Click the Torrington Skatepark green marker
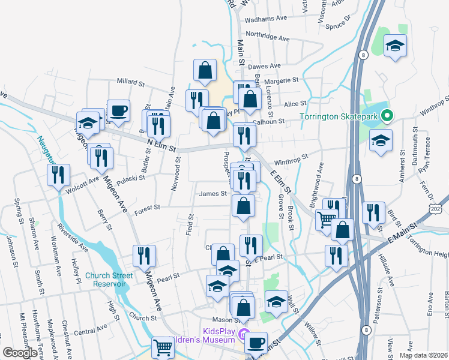tap(388, 116)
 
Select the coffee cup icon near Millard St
tap(118, 111)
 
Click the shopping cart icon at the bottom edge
tap(163, 347)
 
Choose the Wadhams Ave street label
tap(267, 19)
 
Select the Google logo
tap(20, 353)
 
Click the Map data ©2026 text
tap(423, 355)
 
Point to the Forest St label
tap(147, 208)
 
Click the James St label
tap(212, 193)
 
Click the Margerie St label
tap(282, 80)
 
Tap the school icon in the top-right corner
tap(395, 46)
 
